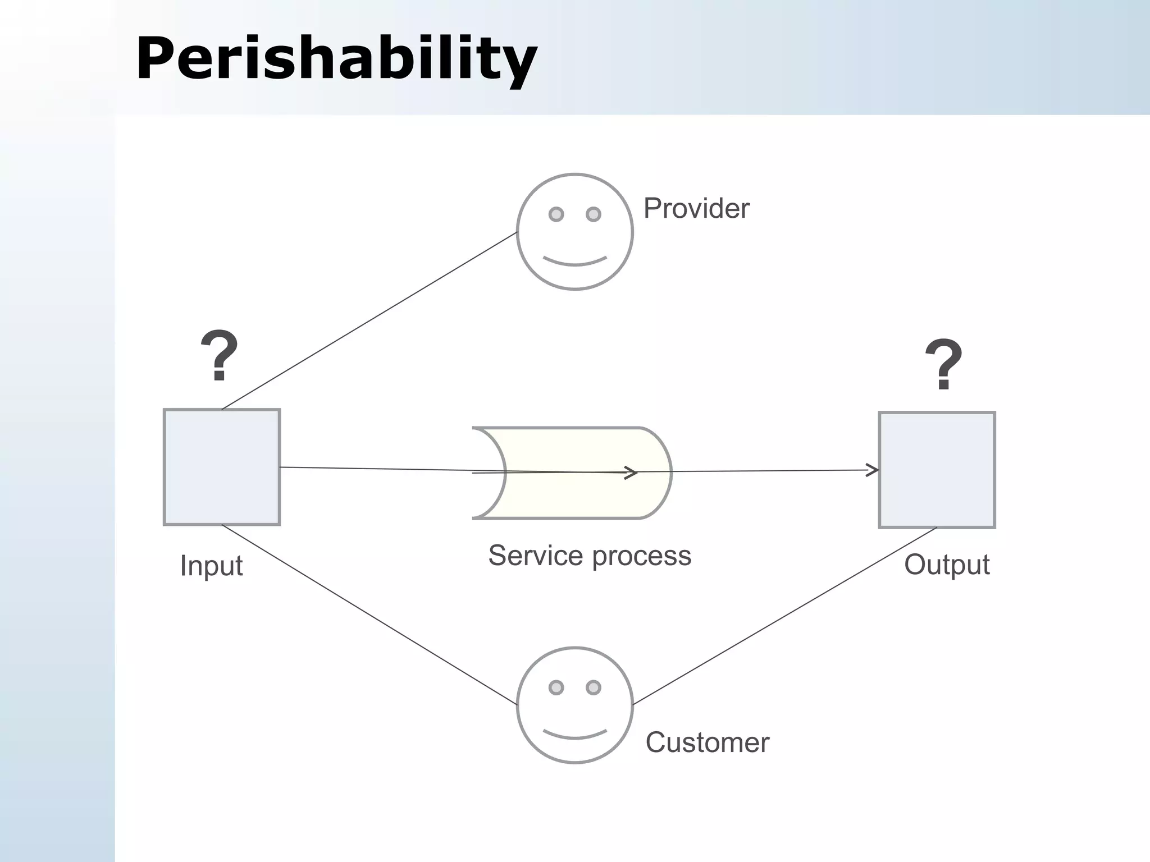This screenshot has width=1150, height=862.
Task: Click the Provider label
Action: [696, 209]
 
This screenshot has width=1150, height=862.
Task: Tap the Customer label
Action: [707, 742]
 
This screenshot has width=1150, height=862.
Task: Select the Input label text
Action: [211, 566]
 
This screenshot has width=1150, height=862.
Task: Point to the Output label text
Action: [947, 565]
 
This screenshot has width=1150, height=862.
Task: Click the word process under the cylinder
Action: [641, 557]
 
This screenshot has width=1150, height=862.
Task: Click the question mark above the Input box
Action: [220, 356]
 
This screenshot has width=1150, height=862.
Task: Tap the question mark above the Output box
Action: [944, 364]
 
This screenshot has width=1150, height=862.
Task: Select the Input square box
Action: [222, 467]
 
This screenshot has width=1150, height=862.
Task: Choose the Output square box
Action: [937, 470]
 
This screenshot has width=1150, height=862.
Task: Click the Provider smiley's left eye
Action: [556, 214]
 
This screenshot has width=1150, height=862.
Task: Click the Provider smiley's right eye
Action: [594, 214]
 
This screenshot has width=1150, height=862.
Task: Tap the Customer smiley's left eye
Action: [556, 687]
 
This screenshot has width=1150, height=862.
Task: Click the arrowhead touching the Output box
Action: [873, 470]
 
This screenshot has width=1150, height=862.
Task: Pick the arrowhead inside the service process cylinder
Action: [632, 473]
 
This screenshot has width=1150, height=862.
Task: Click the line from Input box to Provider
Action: [369, 320]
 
